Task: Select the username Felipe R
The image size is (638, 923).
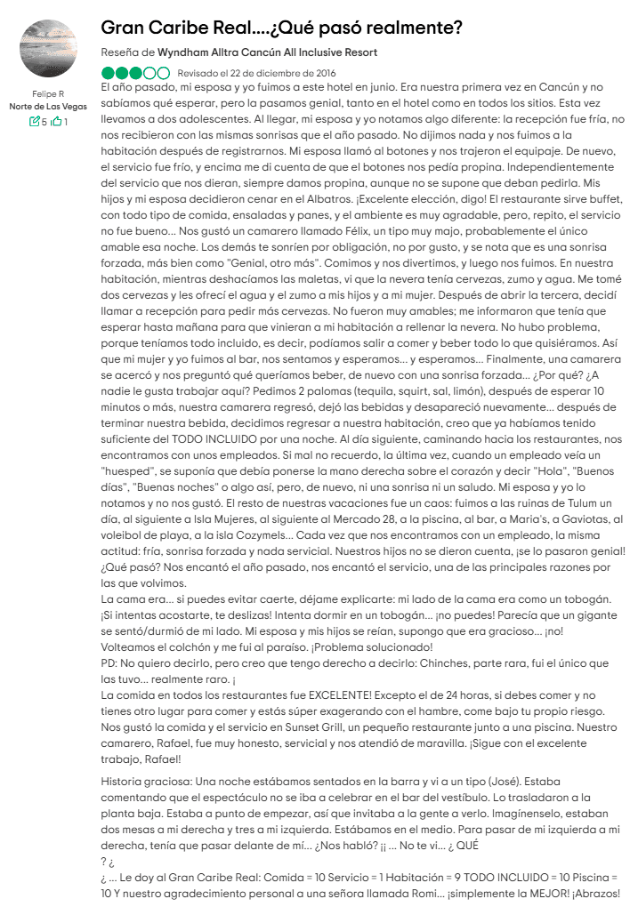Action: tap(48, 93)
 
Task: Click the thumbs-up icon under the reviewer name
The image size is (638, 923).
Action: tap(56, 122)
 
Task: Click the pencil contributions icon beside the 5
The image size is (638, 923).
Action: tap(35, 122)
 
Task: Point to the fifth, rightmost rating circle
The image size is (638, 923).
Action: tap(163, 73)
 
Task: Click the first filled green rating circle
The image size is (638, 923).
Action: tap(108, 73)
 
